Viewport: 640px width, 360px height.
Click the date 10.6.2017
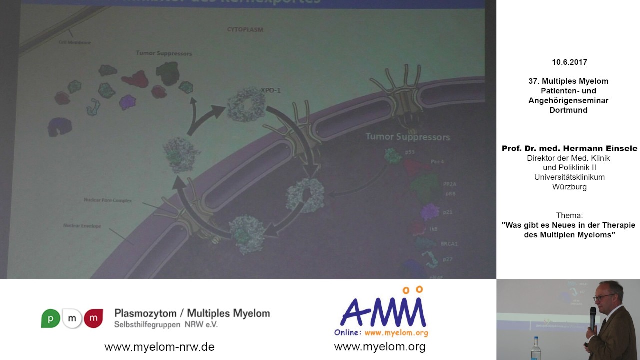tap(569, 62)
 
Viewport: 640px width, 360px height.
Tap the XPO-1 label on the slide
tap(271, 90)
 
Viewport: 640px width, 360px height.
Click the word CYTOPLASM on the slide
tap(245, 30)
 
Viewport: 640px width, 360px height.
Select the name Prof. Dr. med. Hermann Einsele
tap(569, 148)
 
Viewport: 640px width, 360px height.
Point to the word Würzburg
tap(569, 187)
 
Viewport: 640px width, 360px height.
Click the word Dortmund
tap(568, 110)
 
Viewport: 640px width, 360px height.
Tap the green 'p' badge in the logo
tap(50, 318)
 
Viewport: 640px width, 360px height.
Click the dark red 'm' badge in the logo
tap(93, 318)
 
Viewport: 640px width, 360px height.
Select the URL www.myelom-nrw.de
tap(159, 347)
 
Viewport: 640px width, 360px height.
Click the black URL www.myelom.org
tap(380, 347)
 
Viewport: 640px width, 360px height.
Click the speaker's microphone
tap(593, 317)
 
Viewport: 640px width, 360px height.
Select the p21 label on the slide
tap(448, 212)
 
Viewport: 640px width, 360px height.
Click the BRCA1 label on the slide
tap(449, 244)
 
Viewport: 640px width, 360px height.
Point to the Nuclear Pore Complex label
tap(108, 200)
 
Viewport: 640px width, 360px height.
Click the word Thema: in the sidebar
tap(569, 215)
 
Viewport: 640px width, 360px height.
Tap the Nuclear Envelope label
tap(82, 226)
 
